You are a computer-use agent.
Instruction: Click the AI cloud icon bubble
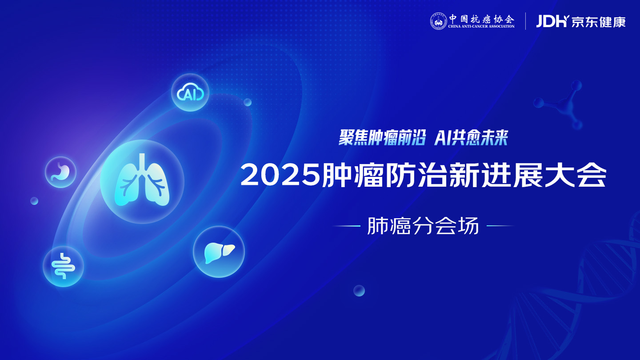(x=190, y=92)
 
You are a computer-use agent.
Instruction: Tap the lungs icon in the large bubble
(x=142, y=180)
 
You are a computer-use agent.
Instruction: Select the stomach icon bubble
(x=60, y=172)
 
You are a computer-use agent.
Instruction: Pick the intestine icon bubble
(x=63, y=266)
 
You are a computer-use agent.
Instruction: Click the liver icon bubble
(x=219, y=252)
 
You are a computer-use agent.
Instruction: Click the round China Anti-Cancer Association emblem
(x=439, y=21)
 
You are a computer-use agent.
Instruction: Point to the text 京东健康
(x=599, y=22)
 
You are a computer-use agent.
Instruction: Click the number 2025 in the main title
(x=281, y=175)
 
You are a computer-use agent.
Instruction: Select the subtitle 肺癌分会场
(x=423, y=226)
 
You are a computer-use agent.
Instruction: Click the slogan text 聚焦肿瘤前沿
(x=382, y=137)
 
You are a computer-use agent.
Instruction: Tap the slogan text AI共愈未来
(x=471, y=137)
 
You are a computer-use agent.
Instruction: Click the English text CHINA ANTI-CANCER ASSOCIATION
(x=481, y=26)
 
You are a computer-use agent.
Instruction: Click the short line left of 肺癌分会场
(x=347, y=226)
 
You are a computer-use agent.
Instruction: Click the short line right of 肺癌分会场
(x=500, y=226)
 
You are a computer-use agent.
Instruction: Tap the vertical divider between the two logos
(x=525, y=21)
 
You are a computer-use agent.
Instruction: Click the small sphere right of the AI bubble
(x=248, y=102)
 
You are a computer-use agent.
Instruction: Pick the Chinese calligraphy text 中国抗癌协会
(x=481, y=19)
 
